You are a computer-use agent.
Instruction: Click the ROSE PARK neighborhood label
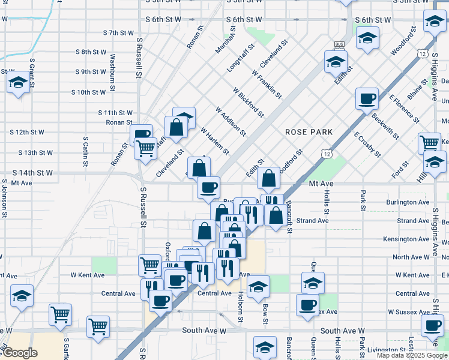click(309, 131)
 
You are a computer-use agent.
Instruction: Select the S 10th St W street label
click(88, 92)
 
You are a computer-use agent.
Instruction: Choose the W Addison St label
click(231, 120)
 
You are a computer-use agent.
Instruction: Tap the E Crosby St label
click(367, 145)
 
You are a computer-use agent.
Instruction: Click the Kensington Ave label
click(407, 239)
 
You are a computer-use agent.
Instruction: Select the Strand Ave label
click(312, 221)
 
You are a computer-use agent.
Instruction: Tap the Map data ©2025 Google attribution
click(411, 355)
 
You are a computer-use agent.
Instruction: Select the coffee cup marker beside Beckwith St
click(366, 98)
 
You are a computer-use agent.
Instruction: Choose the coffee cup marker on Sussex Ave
click(307, 304)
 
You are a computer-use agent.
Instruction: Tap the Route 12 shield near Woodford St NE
click(424, 55)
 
